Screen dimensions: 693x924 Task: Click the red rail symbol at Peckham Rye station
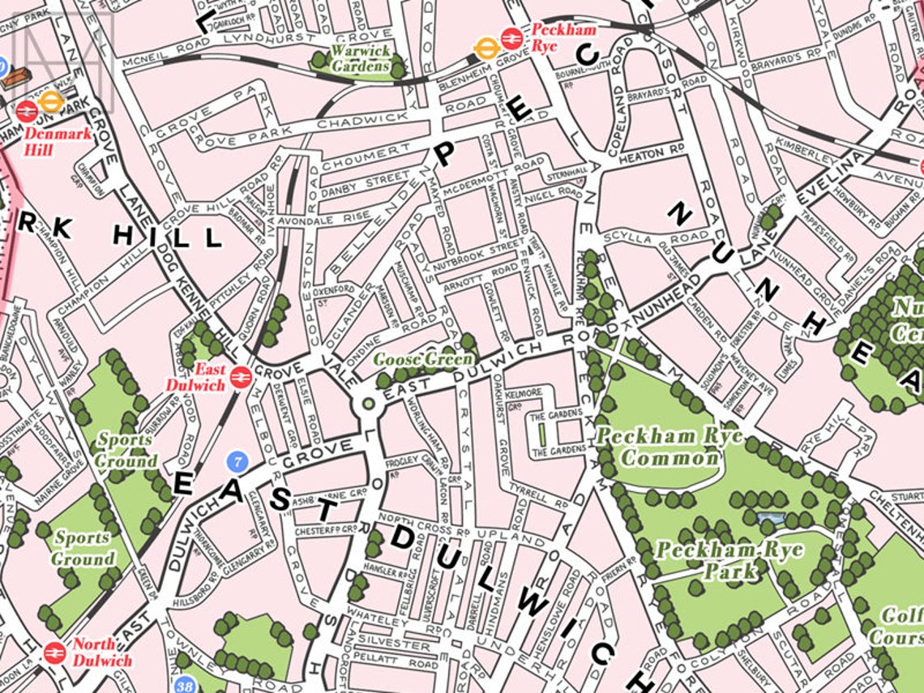tap(511, 37)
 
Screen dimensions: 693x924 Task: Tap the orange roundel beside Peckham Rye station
tap(486, 49)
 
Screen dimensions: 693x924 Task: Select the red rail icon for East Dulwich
tap(239, 376)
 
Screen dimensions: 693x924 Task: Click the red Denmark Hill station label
tap(58, 140)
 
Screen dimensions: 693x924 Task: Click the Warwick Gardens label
tap(361, 58)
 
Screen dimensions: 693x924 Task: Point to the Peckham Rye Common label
tap(657, 447)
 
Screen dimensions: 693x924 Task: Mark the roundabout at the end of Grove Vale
tap(369, 403)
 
